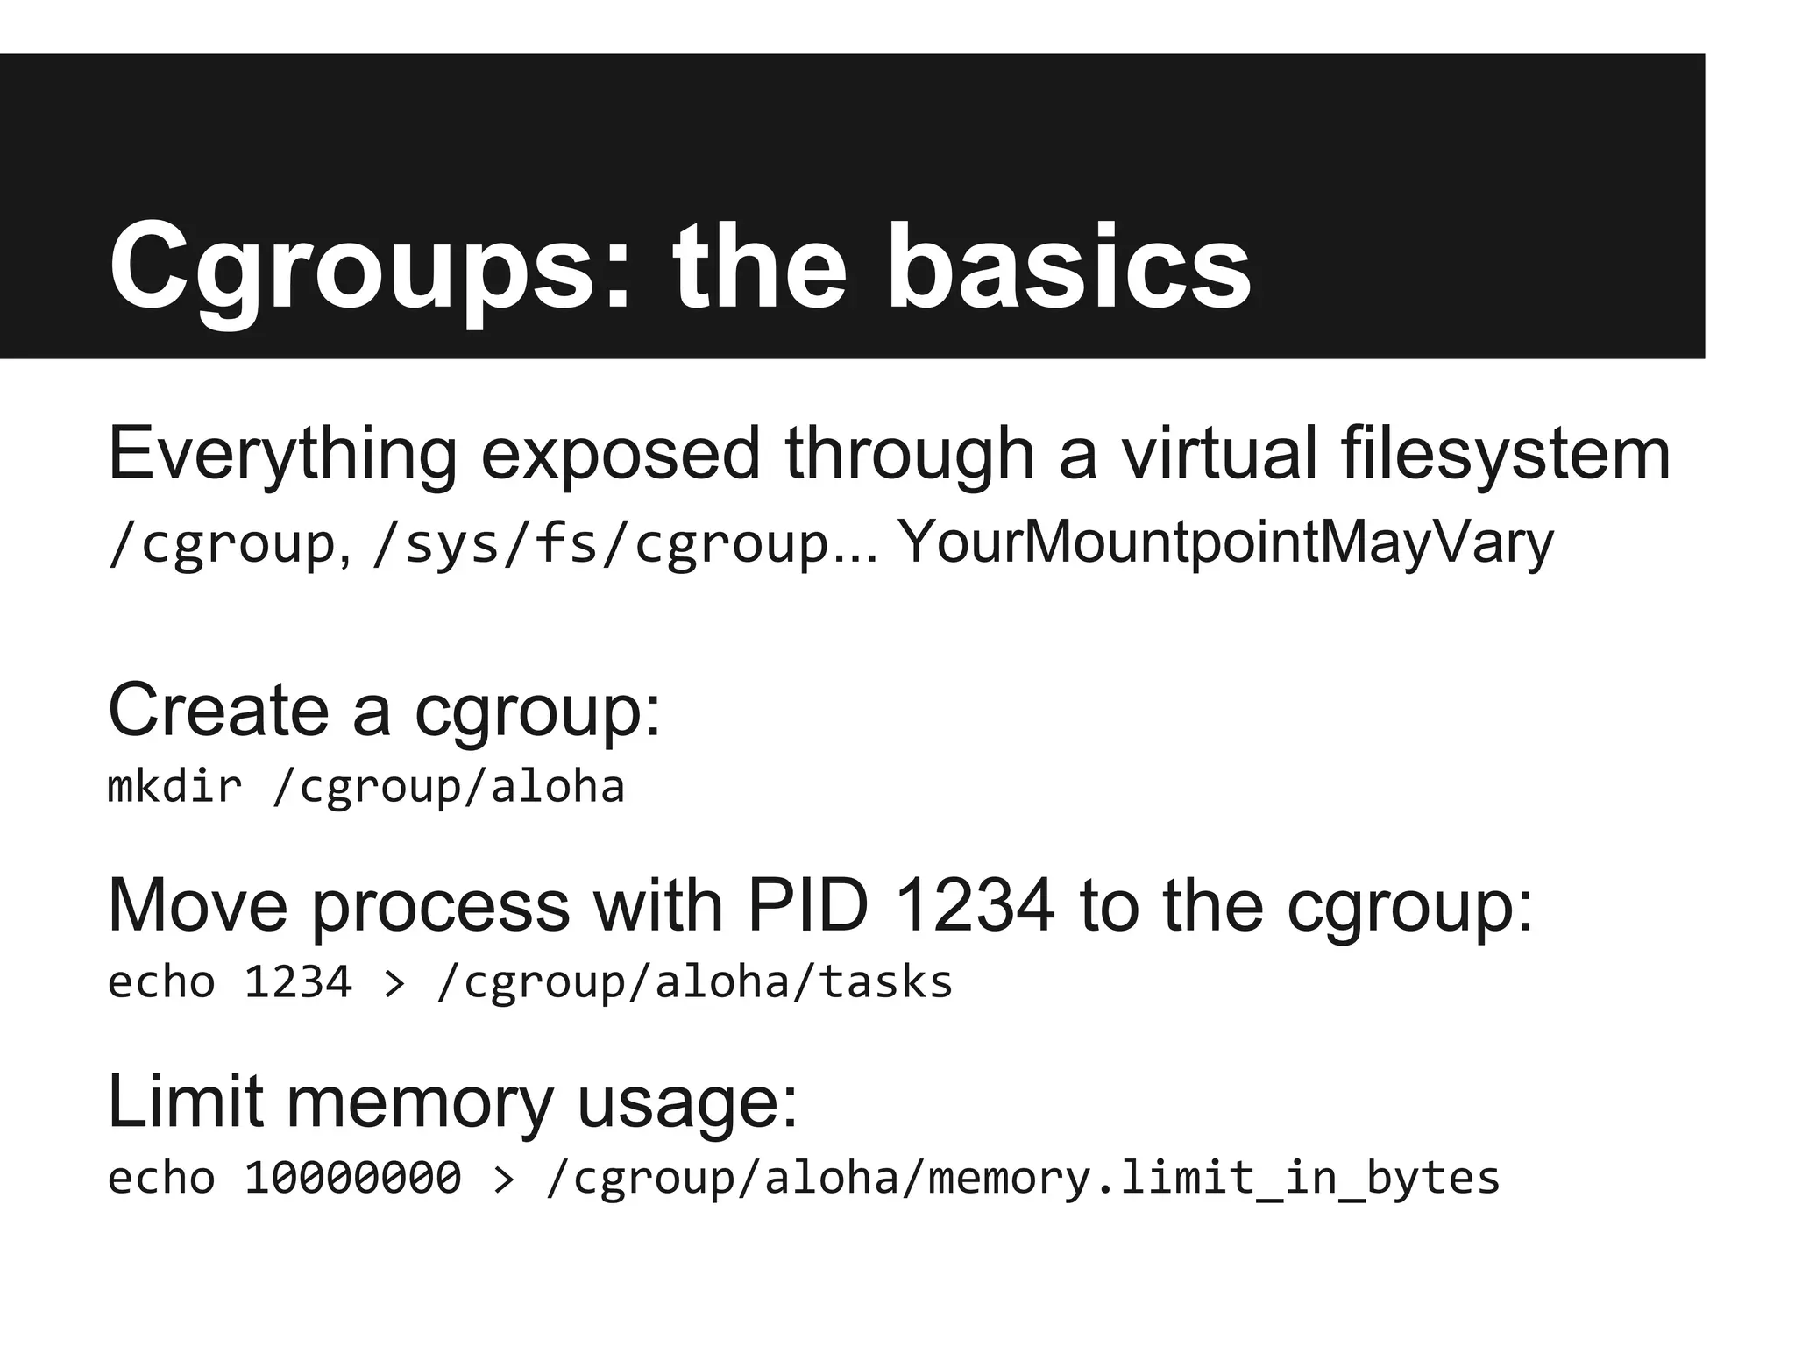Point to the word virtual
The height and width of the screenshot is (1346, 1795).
[x=1219, y=453]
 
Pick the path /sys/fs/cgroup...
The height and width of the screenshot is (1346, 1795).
[x=601, y=543]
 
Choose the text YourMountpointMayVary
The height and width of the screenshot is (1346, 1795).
[x=1225, y=543]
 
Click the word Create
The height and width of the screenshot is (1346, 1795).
[x=218, y=710]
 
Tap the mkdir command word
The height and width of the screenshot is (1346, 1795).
[x=174, y=786]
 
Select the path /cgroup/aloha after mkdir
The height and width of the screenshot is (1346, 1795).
[x=448, y=787]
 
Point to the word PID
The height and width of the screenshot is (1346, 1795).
[x=807, y=905]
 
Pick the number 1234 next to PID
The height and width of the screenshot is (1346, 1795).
[x=976, y=905]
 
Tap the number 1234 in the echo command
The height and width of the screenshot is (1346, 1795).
[x=298, y=982]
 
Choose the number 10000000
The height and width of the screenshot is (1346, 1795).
[x=352, y=1178]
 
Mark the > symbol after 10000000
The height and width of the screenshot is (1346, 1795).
[x=503, y=1180]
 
